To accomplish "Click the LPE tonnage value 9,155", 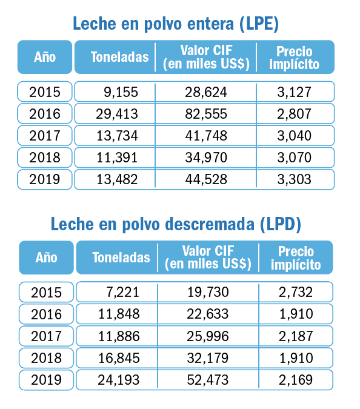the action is pyautogui.click(x=121, y=92).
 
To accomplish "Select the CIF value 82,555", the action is pyautogui.click(x=206, y=114).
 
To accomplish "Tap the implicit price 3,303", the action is pyautogui.click(x=295, y=179).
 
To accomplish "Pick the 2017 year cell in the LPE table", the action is pyautogui.click(x=45, y=136).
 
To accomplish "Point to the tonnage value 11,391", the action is pyautogui.click(x=117, y=158).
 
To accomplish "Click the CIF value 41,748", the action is pyautogui.click(x=206, y=136).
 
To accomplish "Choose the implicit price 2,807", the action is pyautogui.click(x=295, y=114).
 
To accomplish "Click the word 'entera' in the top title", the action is pyautogui.click(x=210, y=24).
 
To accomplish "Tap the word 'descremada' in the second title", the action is pyautogui.click(x=210, y=224).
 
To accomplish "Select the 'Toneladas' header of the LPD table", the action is pyautogui.click(x=121, y=258).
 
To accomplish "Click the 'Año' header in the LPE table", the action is pyautogui.click(x=45, y=57).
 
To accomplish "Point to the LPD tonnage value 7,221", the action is pyautogui.click(x=122, y=292).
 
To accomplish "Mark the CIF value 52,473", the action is pyautogui.click(x=208, y=380).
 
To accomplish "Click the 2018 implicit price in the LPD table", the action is pyautogui.click(x=296, y=358).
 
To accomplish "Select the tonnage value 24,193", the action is pyautogui.click(x=118, y=380).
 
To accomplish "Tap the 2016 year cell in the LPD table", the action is pyautogui.click(x=46, y=314).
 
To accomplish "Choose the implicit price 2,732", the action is pyautogui.click(x=296, y=292).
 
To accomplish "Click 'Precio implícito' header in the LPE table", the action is pyautogui.click(x=295, y=58).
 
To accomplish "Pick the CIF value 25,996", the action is pyautogui.click(x=208, y=336).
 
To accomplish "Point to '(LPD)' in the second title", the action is pyautogui.click(x=281, y=224).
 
